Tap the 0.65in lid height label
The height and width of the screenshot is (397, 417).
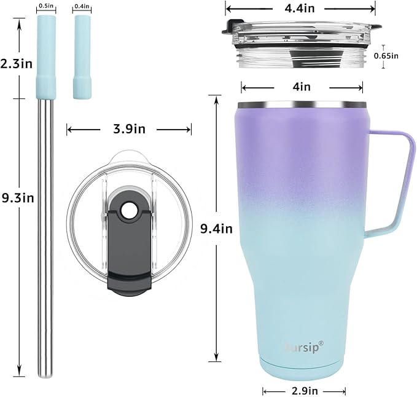tap(386, 56)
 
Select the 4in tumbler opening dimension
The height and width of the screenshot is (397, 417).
tap(302, 87)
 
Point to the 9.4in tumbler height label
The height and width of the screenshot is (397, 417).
tap(216, 229)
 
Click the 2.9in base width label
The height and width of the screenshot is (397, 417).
tap(305, 391)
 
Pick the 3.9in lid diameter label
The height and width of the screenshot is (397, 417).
tap(129, 129)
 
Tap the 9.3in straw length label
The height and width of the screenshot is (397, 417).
tap(18, 198)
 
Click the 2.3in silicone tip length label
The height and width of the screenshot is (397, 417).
tap(17, 64)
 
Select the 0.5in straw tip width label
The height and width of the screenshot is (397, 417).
tap(46, 6)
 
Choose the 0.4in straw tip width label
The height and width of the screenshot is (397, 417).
tap(82, 6)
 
